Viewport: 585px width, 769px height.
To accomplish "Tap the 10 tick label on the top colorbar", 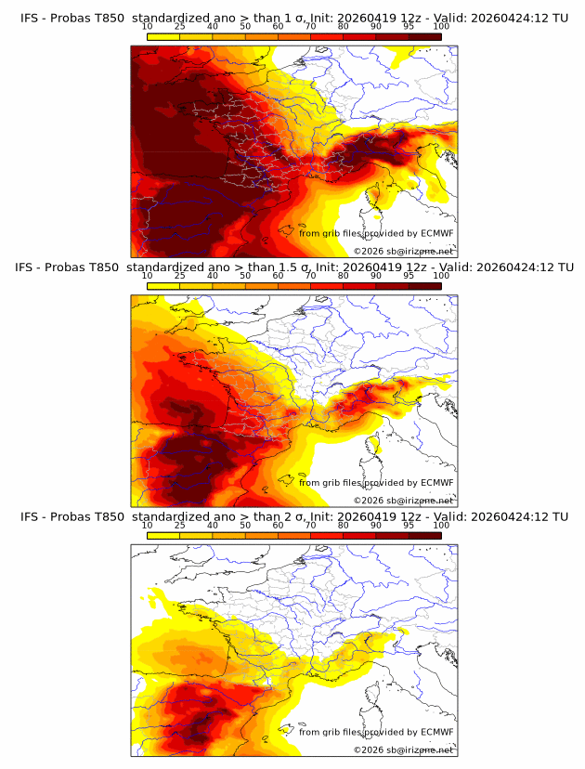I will [148, 26].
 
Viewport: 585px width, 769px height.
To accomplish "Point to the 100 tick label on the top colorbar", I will [441, 26].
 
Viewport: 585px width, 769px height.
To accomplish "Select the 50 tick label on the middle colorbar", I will [245, 276].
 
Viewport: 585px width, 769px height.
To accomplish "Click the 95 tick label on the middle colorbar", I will [409, 276].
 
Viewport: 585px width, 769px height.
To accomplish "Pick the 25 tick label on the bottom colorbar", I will [180, 526].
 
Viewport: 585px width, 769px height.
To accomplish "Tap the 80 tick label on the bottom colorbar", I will [344, 526].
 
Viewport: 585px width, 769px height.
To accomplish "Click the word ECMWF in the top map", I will [437, 233].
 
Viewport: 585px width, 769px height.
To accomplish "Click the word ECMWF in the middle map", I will [437, 483].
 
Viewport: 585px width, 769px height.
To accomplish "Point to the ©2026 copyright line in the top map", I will [403, 251].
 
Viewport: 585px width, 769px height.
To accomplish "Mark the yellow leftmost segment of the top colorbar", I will [163, 35].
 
